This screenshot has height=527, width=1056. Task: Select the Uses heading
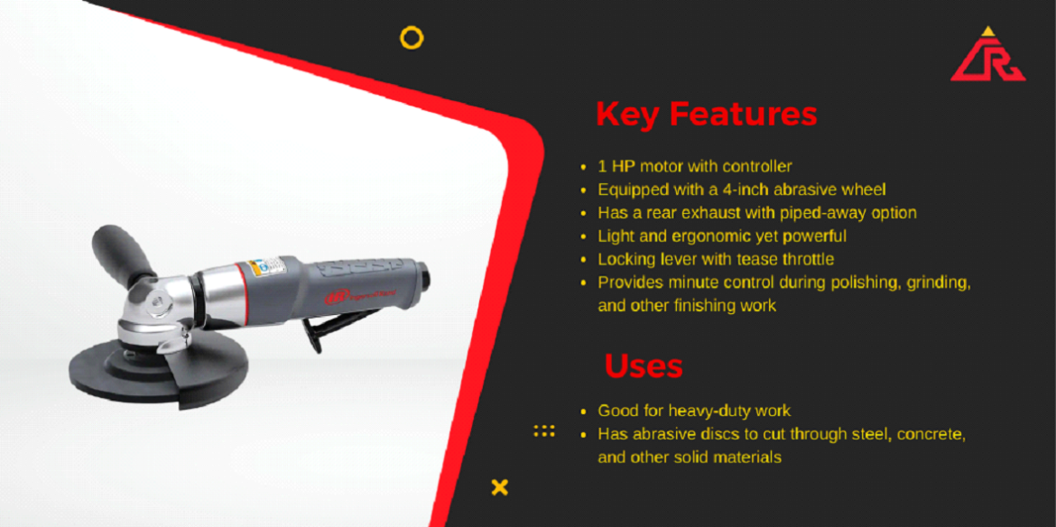click(x=644, y=366)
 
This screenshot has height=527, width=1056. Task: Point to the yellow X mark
click(x=500, y=487)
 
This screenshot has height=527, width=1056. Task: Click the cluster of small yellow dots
click(x=544, y=430)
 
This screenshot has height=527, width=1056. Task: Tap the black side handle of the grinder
click(x=122, y=253)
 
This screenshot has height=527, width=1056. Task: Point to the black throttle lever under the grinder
click(x=314, y=335)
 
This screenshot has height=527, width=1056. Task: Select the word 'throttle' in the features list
click(x=807, y=260)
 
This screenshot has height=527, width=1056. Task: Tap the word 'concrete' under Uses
click(x=932, y=434)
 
